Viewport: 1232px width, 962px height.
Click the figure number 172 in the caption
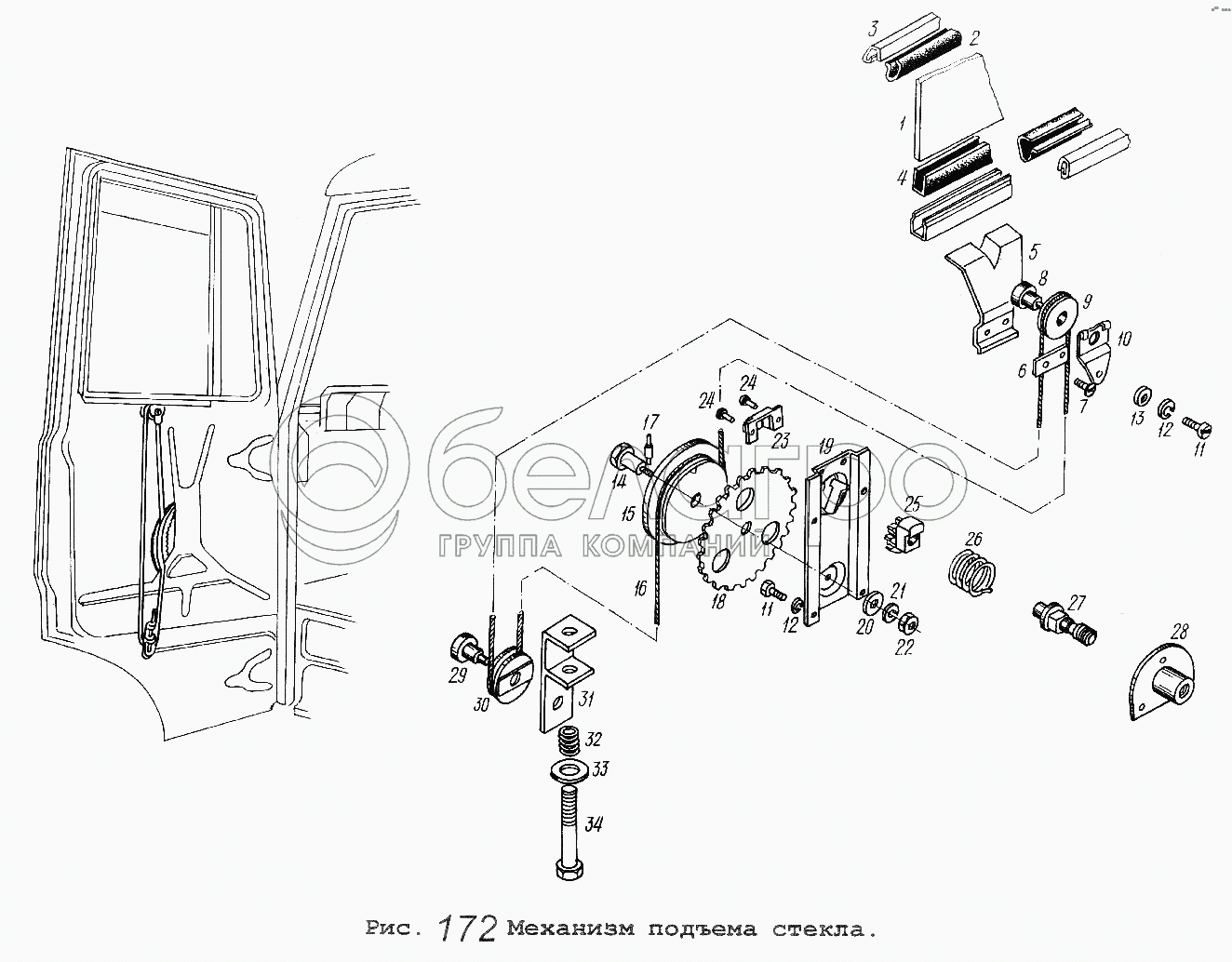click(x=466, y=929)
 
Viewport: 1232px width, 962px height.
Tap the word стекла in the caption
click(x=824, y=929)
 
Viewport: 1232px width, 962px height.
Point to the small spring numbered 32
click(x=569, y=742)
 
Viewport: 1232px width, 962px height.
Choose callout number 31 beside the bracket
click(x=586, y=701)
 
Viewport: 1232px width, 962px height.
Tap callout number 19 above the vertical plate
click(x=824, y=446)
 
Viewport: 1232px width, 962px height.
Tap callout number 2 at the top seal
click(x=974, y=38)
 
